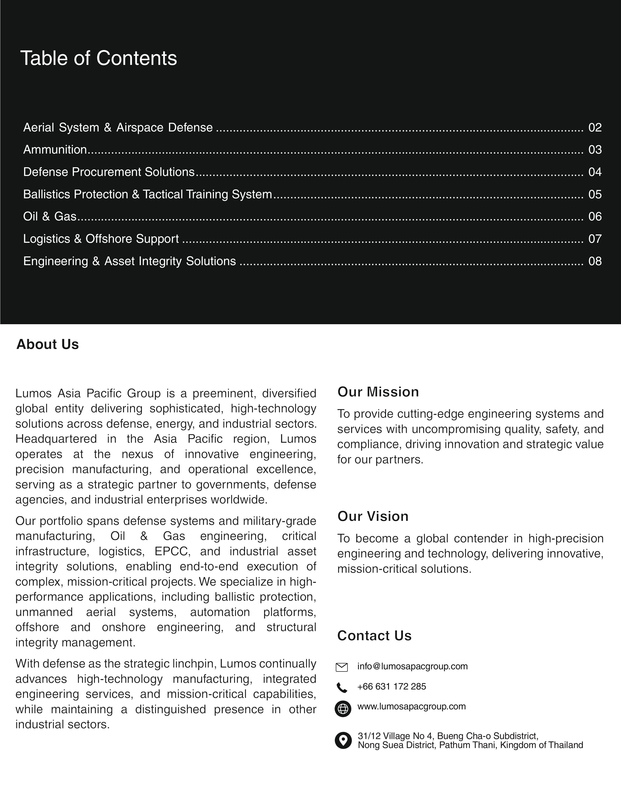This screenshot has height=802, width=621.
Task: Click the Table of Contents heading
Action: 98,58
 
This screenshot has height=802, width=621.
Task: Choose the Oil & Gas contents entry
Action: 50,216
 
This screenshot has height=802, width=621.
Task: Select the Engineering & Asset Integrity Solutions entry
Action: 129,261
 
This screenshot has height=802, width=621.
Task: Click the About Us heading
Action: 48,344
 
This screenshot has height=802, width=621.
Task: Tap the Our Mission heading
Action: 378,392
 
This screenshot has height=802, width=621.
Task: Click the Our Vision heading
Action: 373,516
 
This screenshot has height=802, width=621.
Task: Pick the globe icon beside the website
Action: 343,708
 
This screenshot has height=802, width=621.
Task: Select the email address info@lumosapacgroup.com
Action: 412,666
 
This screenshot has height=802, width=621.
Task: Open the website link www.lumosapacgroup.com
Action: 411,706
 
